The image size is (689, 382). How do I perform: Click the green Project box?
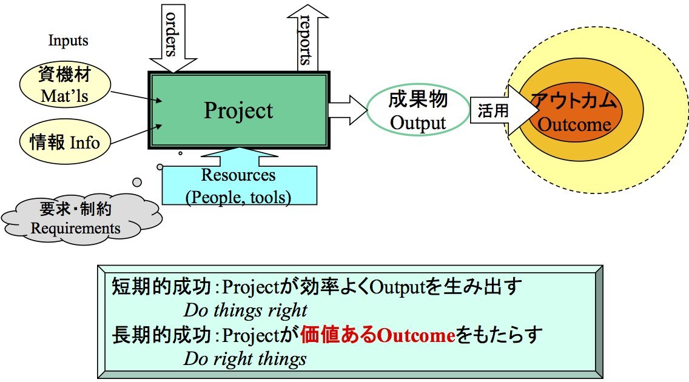239,110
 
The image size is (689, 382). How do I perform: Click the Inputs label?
69,41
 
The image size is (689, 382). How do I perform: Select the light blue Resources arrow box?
239,183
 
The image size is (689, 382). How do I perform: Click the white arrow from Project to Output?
348,110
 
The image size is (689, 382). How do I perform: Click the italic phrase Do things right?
245,311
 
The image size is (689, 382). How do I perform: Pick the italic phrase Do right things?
245,359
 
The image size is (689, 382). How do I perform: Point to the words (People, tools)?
238,196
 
